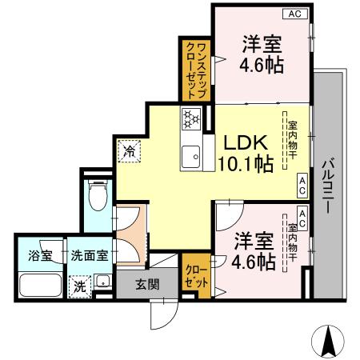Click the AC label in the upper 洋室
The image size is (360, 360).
(294, 14)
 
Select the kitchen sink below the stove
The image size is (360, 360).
(191, 155)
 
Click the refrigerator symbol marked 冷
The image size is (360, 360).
(129, 150)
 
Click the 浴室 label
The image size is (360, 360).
(40, 256)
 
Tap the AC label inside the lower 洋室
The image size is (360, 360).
(302, 214)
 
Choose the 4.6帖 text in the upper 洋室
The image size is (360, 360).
(261, 65)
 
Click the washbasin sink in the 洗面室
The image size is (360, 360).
(102, 282)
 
